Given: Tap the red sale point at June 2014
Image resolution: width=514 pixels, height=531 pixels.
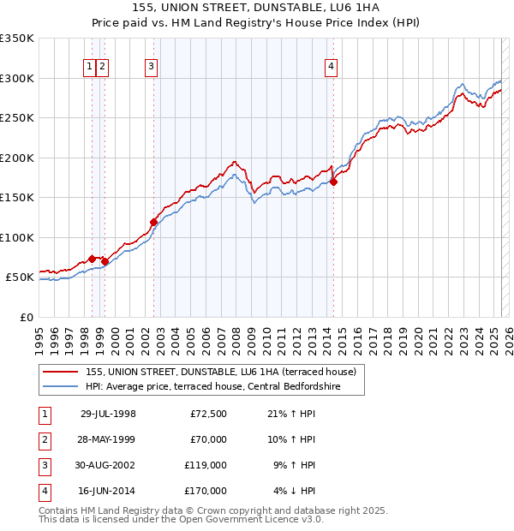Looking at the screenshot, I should click(333, 182).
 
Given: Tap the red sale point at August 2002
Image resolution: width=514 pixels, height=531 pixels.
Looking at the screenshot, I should click(154, 222).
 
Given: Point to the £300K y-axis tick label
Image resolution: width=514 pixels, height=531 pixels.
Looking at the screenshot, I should click(17, 78).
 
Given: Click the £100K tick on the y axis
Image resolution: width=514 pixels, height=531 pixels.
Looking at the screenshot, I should click(17, 237).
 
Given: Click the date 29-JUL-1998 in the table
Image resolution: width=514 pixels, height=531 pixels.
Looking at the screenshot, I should click(108, 414).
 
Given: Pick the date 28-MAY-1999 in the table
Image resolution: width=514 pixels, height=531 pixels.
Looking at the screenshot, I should click(108, 439).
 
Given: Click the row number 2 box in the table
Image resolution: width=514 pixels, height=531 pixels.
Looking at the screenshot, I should click(44, 439).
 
